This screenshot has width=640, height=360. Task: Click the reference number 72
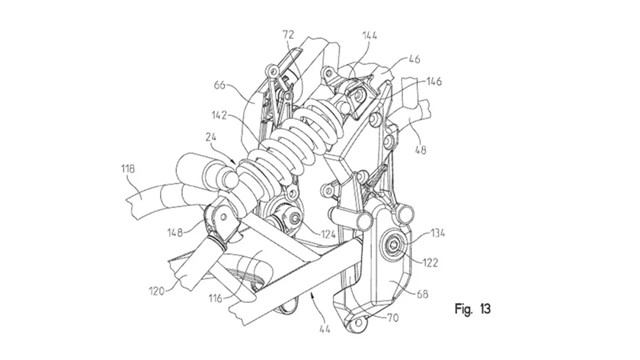tap(288, 35)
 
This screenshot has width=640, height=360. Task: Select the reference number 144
tap(369, 35)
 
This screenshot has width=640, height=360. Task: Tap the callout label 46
tap(414, 59)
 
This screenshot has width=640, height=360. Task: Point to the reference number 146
tap(433, 81)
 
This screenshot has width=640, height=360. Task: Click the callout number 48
tap(420, 150)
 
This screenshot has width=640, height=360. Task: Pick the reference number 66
tap(220, 85)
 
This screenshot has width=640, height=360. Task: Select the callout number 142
tap(219, 116)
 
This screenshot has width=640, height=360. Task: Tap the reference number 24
tap(211, 138)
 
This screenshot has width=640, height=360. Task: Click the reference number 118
tap(128, 169)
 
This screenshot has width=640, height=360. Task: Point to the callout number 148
tap(175, 233)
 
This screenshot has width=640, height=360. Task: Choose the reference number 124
tap(328, 234)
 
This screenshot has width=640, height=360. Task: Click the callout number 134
tap(437, 233)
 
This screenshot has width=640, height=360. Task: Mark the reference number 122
tap(429, 262)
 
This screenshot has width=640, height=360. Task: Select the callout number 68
tap(422, 293)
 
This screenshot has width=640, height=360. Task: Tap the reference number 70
tap(392, 318)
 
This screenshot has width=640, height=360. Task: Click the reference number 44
tap(324, 328)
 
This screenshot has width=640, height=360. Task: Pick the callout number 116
tap(215, 298)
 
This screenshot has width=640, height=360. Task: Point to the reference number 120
tap(157, 291)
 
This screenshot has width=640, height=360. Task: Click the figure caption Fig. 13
tap(473, 309)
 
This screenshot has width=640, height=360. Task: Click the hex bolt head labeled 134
tap(393, 245)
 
